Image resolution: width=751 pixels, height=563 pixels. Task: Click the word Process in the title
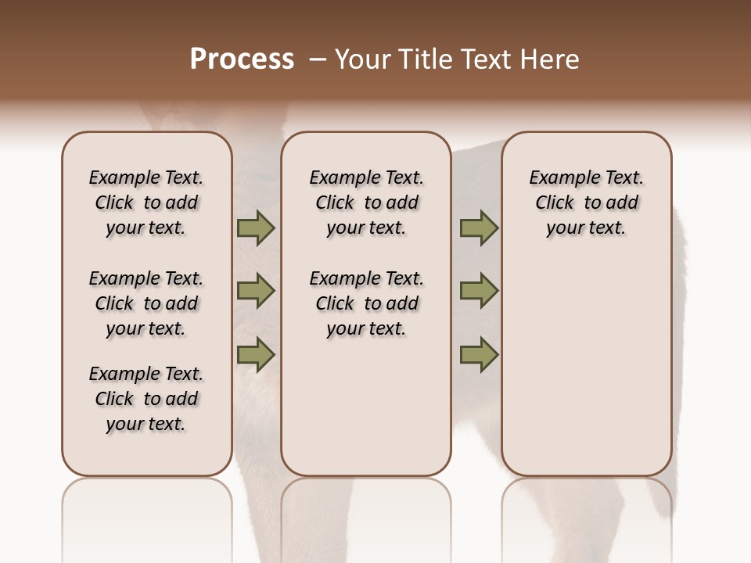pos(242,59)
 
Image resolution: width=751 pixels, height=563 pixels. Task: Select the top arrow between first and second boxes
pos(256,228)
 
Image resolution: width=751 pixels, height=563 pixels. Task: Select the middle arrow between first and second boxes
pos(256,291)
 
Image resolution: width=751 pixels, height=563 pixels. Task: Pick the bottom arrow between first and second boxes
pos(256,354)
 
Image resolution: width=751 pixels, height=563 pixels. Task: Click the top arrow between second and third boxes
pos(479,228)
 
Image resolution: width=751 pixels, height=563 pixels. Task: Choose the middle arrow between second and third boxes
pos(479,291)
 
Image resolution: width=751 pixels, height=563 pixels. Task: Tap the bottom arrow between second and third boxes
pos(479,354)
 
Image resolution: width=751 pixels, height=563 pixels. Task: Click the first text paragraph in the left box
pos(146,203)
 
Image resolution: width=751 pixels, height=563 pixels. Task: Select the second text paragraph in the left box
pos(146,303)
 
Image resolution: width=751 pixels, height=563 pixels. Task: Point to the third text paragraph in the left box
pos(146,399)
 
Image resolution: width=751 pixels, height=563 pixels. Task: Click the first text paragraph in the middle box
pos(366,203)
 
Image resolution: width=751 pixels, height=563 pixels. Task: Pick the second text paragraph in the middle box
pos(366,303)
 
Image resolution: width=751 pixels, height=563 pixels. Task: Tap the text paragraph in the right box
pos(586,203)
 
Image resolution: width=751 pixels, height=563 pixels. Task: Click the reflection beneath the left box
pos(147,516)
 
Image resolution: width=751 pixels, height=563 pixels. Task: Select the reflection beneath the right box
pos(587,516)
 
